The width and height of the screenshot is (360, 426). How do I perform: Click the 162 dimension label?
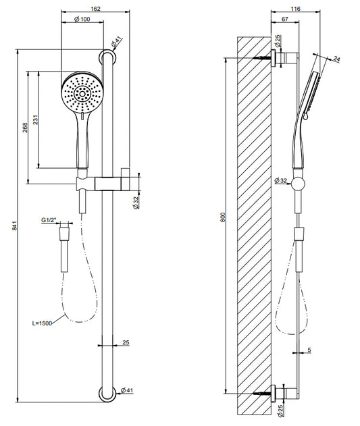[x=95, y=9]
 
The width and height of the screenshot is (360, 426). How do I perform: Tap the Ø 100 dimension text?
[x=82, y=20]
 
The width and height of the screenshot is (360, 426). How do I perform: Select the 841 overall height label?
[x=15, y=225]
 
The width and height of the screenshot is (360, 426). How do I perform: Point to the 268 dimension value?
[x=25, y=128]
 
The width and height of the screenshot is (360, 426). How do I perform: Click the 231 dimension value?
[x=36, y=119]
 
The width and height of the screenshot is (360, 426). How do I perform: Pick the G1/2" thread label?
[x=49, y=220]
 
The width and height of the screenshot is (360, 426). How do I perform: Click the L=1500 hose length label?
[x=42, y=323]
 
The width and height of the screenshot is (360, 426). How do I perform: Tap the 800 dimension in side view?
[x=224, y=217]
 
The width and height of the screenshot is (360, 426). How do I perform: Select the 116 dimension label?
[x=296, y=9]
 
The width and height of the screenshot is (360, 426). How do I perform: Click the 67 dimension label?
[x=284, y=20]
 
